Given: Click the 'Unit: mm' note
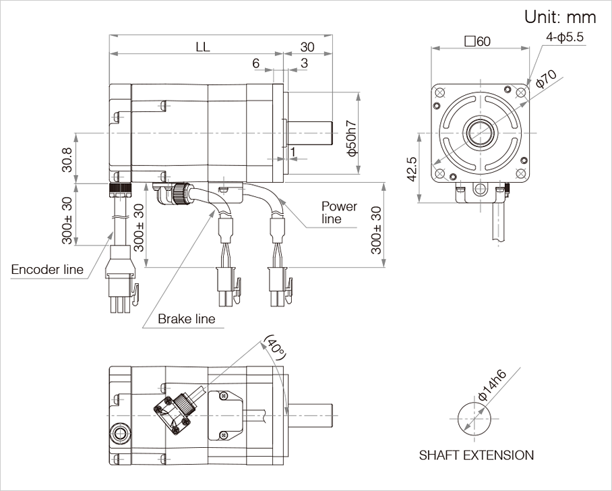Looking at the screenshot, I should pos(560,17).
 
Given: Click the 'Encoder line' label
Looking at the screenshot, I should pos(47,270).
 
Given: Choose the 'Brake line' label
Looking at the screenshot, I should pos(187,318).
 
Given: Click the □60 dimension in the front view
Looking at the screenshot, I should pos(477,40).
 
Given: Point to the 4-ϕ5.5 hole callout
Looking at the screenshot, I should pos(565,38).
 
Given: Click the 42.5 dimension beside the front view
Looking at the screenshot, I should pos(412,169).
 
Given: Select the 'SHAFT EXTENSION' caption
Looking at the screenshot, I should pos(476,455).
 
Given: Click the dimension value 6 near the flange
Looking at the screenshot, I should pos(256,63).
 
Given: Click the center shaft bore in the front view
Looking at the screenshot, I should pos(480,129).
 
